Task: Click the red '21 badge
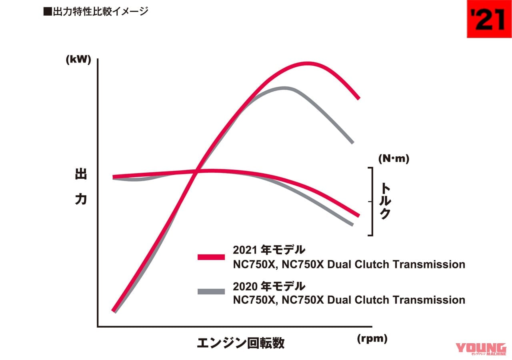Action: [x=489, y=19]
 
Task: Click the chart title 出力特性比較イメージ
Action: [x=96, y=12]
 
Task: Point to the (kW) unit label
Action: [x=78, y=60]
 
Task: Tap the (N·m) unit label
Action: [x=394, y=159]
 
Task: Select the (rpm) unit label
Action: [x=372, y=339]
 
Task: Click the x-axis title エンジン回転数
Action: [x=240, y=343]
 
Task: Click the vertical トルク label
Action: [x=384, y=201]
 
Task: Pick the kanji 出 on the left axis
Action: [x=80, y=175]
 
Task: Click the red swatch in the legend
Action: [x=211, y=257]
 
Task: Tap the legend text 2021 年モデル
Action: [x=269, y=250]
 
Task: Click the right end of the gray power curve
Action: [x=352, y=142]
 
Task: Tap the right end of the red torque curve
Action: [x=358, y=216]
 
